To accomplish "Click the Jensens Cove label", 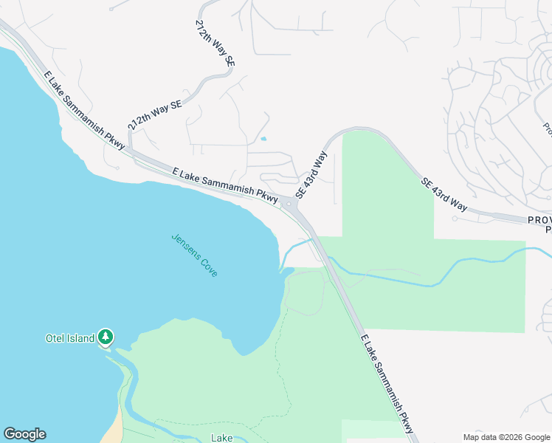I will (x=195, y=255).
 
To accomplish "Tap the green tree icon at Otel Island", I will (x=106, y=337).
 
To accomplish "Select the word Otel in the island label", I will (x=56, y=339).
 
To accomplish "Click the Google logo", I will (x=24, y=434).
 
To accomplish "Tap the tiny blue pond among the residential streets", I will (x=263, y=138).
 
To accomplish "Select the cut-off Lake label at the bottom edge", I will (x=222, y=438).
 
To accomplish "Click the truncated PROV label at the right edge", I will (x=540, y=220).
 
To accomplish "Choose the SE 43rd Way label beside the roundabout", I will (x=311, y=175).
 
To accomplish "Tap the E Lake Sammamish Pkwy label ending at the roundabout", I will (x=224, y=185).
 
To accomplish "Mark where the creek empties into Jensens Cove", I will (x=281, y=269).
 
